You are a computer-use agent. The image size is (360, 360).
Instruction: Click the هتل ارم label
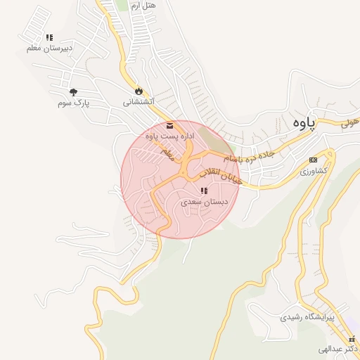tap(144, 5)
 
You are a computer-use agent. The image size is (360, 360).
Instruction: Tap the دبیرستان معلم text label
tap(49, 48)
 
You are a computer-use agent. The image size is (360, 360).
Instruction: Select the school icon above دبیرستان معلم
tap(49, 37)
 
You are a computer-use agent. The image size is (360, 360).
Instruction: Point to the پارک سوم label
tap(74, 103)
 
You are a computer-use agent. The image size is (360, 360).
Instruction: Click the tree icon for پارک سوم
tap(73, 92)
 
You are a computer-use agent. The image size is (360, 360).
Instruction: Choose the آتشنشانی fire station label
tap(139, 102)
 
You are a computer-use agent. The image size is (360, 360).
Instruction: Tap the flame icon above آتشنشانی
tap(139, 91)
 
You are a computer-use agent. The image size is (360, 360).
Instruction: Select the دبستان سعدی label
tap(202, 201)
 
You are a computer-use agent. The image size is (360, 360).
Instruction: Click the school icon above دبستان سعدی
tap(203, 191)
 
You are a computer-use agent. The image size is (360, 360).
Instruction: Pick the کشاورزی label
tap(313, 171)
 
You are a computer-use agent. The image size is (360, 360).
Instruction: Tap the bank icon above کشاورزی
tap(313, 160)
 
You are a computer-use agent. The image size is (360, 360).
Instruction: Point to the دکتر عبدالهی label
tap(338, 349)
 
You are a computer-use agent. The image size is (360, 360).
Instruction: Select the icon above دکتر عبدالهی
tap(352, 340)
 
